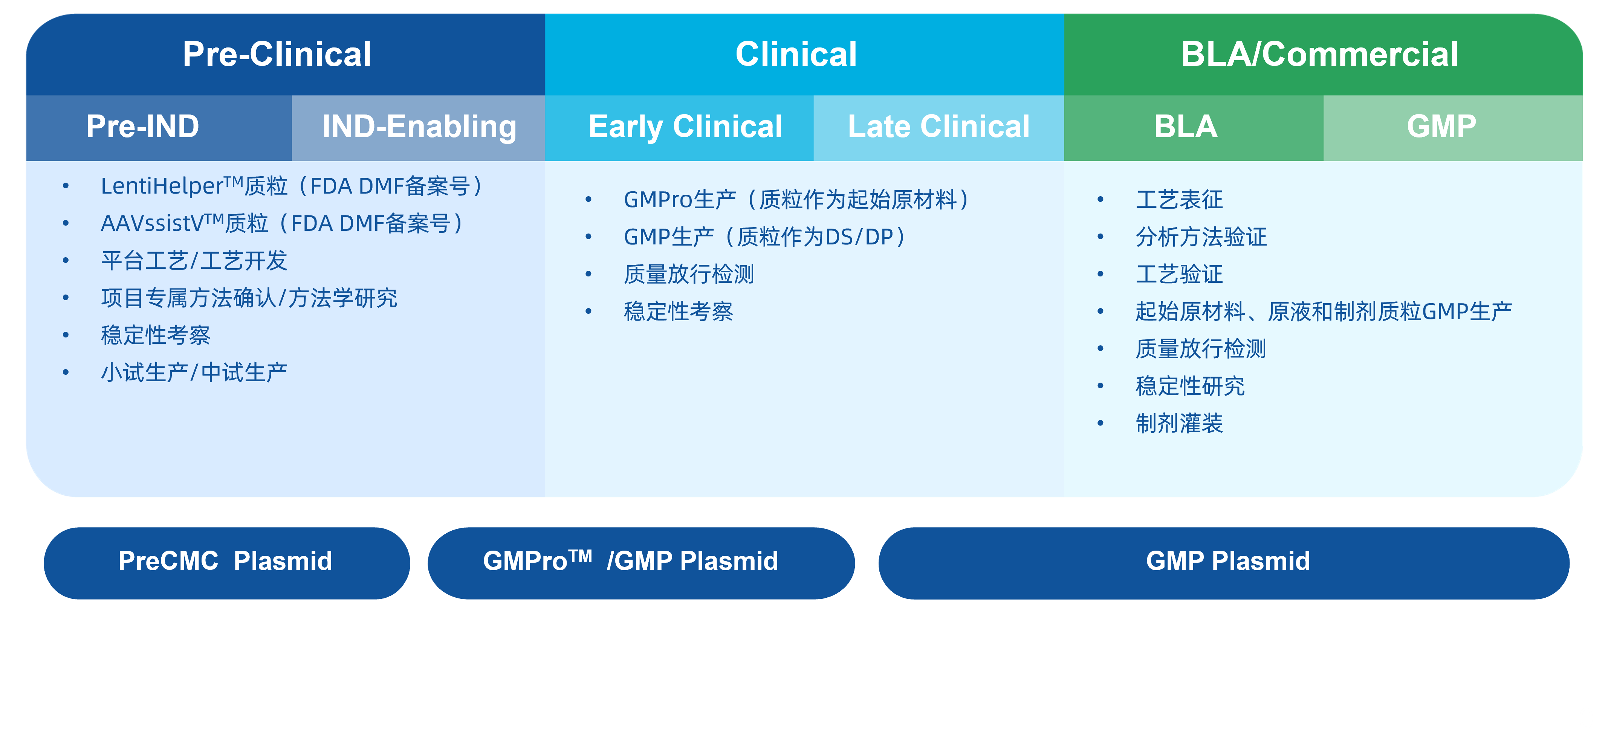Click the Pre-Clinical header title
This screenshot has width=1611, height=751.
click(x=277, y=54)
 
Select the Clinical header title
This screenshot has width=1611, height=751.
click(x=796, y=54)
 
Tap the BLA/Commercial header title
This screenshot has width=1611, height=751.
click(x=1319, y=54)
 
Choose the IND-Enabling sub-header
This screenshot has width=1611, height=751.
click(x=419, y=127)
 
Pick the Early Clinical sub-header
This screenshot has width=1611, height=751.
click(x=685, y=127)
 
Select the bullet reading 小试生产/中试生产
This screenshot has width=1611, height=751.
click(x=194, y=373)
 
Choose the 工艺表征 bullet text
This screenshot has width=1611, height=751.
click(x=1179, y=200)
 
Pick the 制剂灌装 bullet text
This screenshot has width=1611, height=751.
click(x=1179, y=423)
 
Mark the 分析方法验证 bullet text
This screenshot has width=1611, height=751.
click(x=1201, y=237)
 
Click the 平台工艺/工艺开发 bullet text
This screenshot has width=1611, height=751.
click(x=194, y=261)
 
